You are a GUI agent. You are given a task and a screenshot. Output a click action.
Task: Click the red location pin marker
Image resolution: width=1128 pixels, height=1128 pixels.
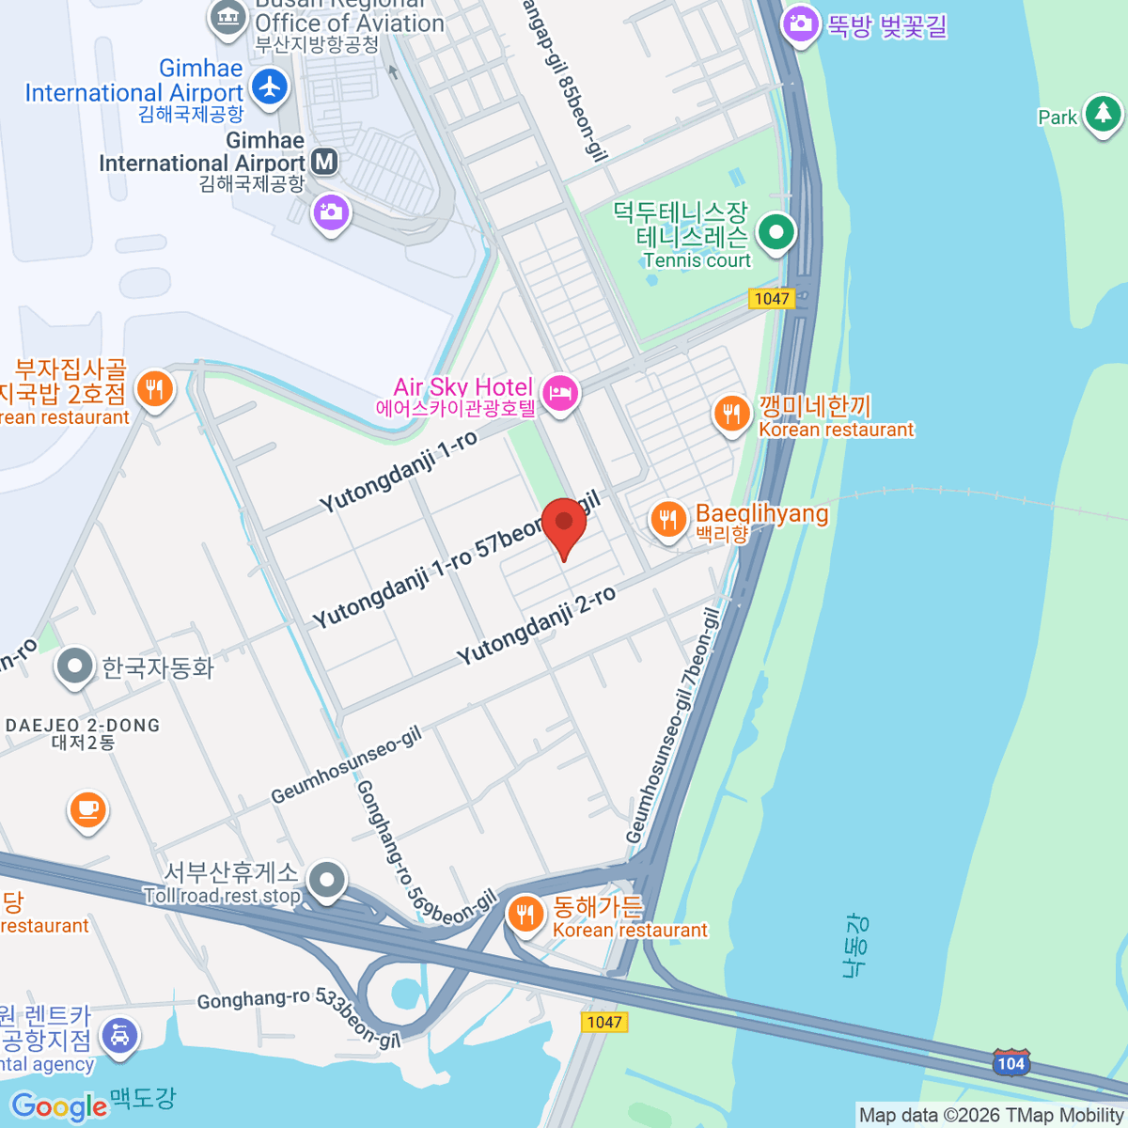pyautogui.click(x=564, y=525)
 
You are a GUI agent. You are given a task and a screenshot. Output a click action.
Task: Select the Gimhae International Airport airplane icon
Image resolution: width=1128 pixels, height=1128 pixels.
pyautogui.click(x=271, y=86)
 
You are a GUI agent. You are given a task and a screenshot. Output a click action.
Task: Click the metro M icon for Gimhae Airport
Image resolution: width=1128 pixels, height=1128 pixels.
pyautogui.click(x=324, y=162)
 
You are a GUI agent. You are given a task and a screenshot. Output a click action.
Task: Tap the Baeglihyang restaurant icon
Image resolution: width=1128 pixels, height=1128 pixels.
pyautogui.click(x=667, y=518)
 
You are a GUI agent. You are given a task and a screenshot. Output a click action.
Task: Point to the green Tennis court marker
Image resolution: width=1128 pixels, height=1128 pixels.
pyautogui.click(x=776, y=231)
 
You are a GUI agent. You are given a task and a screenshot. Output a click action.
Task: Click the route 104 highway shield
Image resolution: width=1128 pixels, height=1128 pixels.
pyautogui.click(x=1010, y=1063)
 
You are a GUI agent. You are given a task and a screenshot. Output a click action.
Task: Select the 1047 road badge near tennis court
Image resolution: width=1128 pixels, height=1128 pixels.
pyautogui.click(x=772, y=299)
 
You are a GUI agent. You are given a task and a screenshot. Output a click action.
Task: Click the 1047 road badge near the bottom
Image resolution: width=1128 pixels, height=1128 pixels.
pyautogui.click(x=603, y=1022)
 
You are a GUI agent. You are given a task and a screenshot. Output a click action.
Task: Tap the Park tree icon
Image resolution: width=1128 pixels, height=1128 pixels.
pyautogui.click(x=1103, y=114)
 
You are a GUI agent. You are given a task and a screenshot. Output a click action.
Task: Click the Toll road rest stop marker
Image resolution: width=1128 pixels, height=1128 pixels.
pyautogui.click(x=327, y=881)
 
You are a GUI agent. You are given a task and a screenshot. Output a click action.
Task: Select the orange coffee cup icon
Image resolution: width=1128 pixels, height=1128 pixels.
pyautogui.click(x=88, y=809)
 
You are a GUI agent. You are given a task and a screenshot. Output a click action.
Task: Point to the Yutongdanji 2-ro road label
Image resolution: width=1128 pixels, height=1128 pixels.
pyautogui.click(x=537, y=625)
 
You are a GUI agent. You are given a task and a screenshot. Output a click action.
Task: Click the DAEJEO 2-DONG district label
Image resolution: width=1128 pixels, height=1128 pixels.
pyautogui.click(x=83, y=726)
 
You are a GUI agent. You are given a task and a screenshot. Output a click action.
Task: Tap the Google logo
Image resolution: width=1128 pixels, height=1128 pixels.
pyautogui.click(x=58, y=1106)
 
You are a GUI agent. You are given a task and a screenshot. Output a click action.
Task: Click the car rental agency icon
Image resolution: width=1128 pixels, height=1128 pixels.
pyautogui.click(x=119, y=1037)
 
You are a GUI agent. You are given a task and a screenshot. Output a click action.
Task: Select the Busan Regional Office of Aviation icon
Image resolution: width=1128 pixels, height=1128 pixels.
pyautogui.click(x=228, y=17)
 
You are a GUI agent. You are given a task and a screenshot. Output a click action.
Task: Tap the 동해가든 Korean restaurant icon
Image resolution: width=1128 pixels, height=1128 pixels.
pyautogui.click(x=525, y=914)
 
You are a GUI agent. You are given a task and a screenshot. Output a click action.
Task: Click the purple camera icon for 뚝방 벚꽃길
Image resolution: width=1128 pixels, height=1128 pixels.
pyautogui.click(x=801, y=23)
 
